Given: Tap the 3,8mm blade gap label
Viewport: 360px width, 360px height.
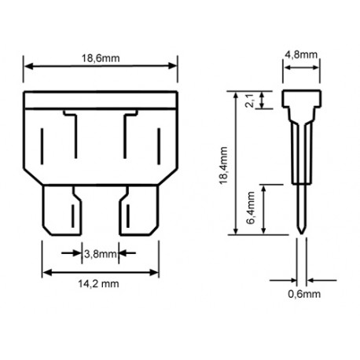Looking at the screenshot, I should [100, 253].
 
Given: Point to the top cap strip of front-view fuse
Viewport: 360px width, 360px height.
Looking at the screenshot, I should [101, 100].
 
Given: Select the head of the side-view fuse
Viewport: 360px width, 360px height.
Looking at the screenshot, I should [303, 101].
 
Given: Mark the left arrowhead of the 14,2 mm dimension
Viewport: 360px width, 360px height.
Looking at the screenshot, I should [45, 271].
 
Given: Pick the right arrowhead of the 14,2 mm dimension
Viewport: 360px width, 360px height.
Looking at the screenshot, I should [156, 271].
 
